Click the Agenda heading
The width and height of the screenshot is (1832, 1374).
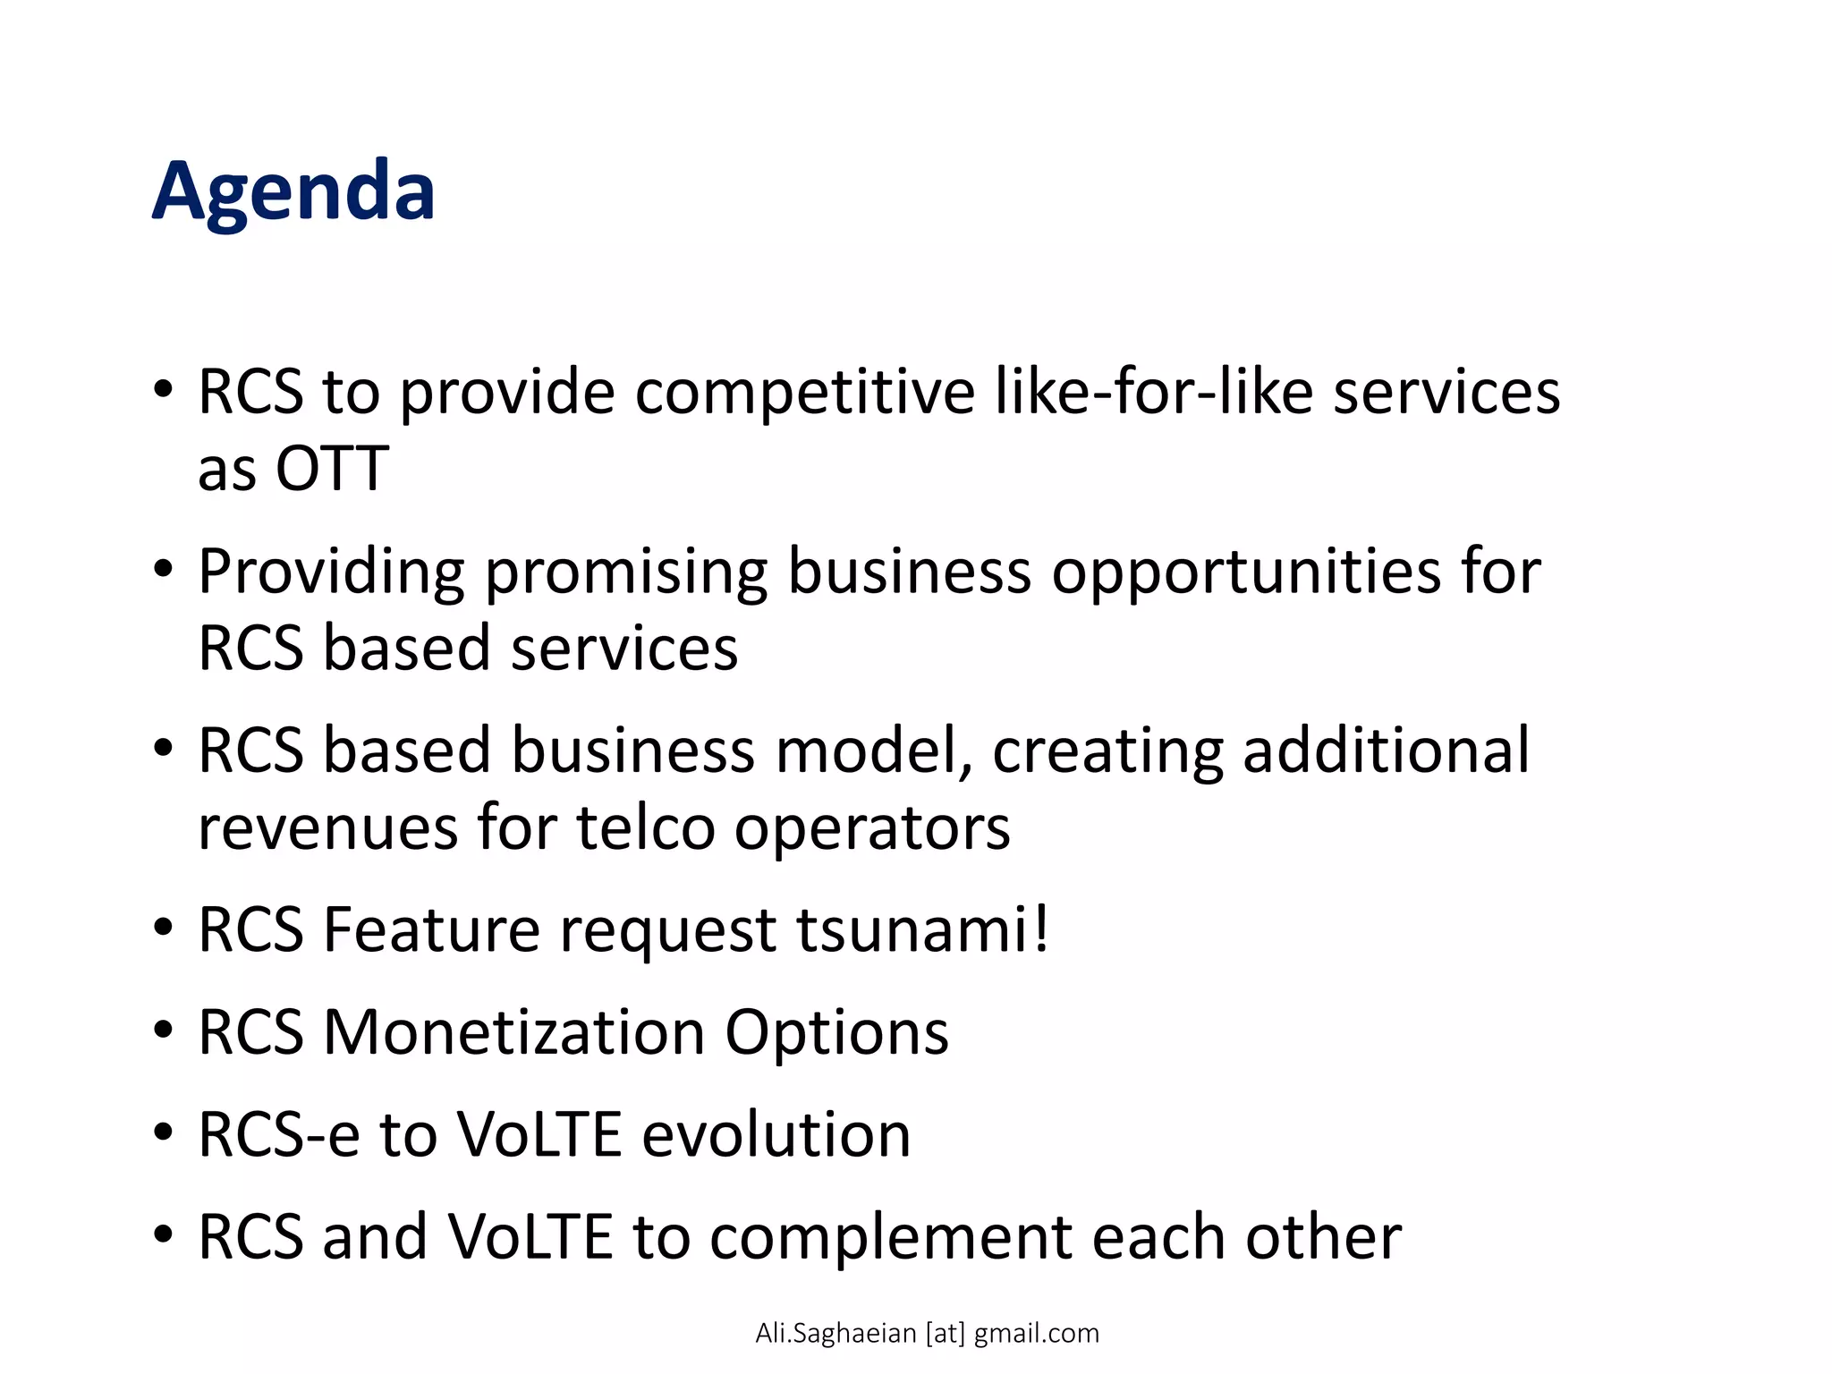tap(293, 191)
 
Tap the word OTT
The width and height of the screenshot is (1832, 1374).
tap(331, 469)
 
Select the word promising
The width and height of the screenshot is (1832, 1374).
tap(625, 572)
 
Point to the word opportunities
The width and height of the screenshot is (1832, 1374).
tap(1246, 572)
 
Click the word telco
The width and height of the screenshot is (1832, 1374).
tap(646, 828)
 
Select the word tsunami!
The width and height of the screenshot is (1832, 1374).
tap(921, 930)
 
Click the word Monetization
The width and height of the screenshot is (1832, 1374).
tap(513, 1032)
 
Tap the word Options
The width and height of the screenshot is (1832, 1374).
tap(836, 1034)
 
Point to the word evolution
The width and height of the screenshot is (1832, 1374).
tap(776, 1134)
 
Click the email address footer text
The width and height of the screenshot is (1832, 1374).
tap(927, 1333)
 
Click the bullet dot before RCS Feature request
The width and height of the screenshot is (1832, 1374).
tap(162, 928)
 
